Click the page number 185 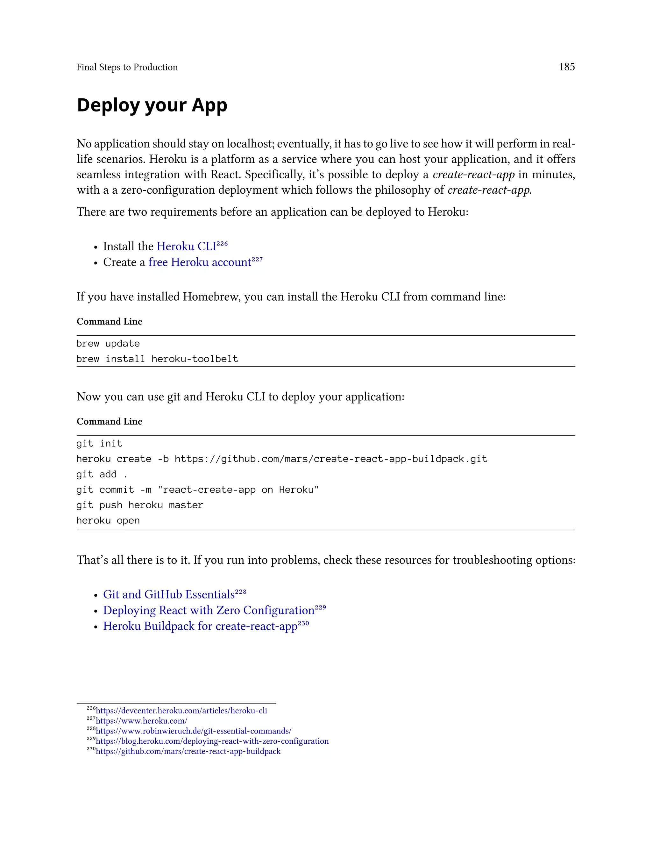567,67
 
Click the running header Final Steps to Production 127,67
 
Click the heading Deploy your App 152,105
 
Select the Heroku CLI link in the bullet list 186,247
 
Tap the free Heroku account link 200,262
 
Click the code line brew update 108,344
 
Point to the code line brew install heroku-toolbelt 157,359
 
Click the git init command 99,443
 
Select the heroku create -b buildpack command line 281,459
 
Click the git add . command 102,474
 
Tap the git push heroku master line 139,505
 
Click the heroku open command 108,520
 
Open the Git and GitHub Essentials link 169,595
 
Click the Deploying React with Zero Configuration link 209,611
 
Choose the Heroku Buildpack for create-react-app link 200,626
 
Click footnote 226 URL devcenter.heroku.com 181,711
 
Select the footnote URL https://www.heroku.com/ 141,721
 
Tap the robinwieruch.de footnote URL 193,731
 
